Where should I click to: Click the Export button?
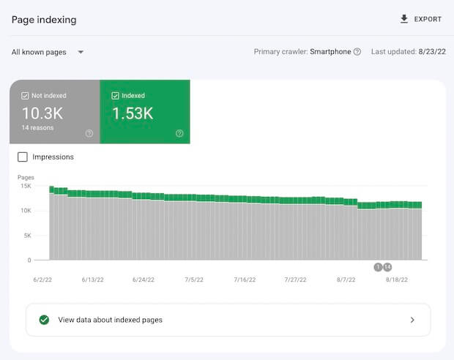pos(421,19)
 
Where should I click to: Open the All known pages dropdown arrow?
pos(81,52)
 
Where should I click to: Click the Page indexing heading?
pos(44,19)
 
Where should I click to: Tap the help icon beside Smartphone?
pos(357,52)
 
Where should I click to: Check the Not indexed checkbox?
pos(25,96)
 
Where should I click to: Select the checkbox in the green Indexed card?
pos(116,96)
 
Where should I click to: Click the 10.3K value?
pos(42,113)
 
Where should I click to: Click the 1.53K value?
pos(133,113)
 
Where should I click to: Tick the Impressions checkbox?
pos(23,157)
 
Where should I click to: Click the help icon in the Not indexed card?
pos(89,133)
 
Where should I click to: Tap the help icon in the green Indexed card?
pos(179,133)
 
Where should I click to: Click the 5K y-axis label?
pos(26,236)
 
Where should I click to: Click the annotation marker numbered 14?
pos(387,267)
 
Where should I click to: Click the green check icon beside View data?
pos(44,320)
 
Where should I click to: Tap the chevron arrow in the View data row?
pos(412,320)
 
